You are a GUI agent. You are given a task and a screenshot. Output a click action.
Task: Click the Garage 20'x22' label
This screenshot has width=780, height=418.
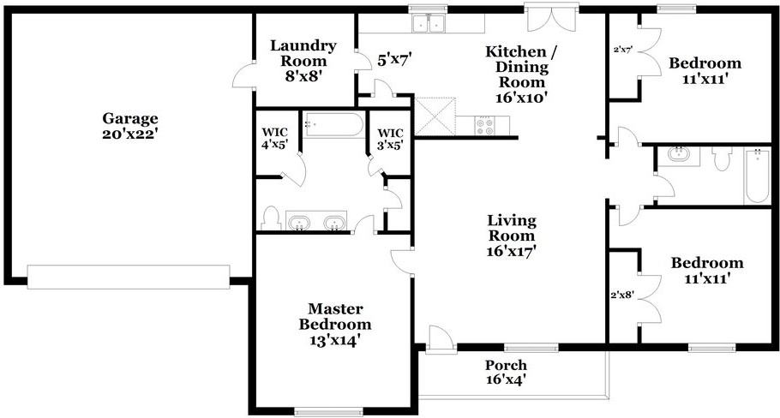[130, 126]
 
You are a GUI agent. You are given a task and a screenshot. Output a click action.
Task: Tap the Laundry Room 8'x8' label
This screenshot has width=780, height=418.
[303, 61]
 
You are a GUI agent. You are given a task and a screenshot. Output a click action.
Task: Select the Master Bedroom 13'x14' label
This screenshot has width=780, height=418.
[335, 324]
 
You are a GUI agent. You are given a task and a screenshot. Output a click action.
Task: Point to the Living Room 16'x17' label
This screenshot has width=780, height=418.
[512, 236]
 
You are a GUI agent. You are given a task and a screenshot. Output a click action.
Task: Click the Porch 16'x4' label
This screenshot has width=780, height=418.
[506, 373]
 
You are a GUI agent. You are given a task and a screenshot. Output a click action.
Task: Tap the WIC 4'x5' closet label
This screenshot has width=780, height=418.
[274, 139]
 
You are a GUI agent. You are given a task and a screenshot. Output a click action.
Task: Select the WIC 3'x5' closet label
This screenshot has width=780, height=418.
[390, 139]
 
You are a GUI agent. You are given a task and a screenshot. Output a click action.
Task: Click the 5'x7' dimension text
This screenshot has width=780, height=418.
[395, 61]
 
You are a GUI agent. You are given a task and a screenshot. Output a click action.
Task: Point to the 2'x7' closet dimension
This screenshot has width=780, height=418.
[623, 50]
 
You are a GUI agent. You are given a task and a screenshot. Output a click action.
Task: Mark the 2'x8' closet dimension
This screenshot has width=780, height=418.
[621, 295]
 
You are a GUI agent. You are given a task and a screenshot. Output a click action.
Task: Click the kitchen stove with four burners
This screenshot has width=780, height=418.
[484, 125]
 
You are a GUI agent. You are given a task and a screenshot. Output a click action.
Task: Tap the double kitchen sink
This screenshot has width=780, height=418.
[429, 23]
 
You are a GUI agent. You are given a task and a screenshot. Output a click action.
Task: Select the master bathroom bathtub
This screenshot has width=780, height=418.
[333, 125]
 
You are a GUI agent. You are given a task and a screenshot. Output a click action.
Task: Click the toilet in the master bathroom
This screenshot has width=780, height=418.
[271, 218]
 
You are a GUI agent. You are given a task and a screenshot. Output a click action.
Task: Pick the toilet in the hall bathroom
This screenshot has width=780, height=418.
[722, 158]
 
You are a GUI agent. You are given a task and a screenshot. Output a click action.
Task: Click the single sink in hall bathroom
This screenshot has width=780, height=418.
[677, 155]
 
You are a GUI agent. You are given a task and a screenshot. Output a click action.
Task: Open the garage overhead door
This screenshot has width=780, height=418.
[129, 277]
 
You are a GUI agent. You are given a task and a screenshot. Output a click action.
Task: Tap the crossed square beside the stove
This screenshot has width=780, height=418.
[435, 116]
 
